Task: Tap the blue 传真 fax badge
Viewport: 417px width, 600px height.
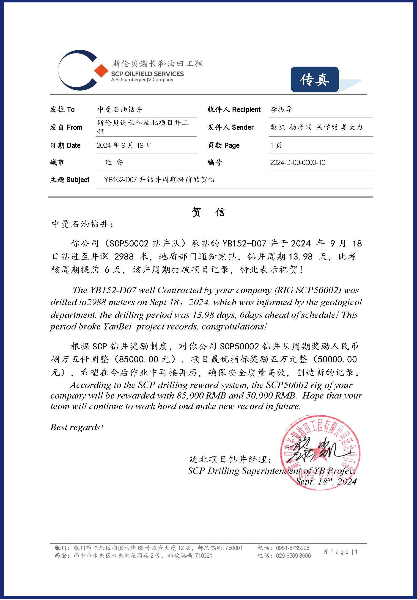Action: [314, 80]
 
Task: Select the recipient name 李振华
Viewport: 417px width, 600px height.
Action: [282, 109]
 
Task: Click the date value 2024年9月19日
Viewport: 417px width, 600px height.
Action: [124, 145]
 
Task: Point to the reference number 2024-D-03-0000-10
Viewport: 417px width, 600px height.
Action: [297, 163]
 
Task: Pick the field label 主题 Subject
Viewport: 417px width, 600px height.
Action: [70, 180]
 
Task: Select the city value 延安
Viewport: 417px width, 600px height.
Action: [114, 163]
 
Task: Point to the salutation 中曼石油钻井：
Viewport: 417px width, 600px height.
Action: [82, 224]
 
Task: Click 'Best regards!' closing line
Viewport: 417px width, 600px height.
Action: [77, 427]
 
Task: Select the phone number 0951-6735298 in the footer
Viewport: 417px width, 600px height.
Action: [292, 548]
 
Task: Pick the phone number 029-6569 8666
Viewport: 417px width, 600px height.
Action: [293, 556]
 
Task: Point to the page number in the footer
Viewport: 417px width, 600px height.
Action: [356, 552]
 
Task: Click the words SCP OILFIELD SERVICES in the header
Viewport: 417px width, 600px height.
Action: [147, 74]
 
